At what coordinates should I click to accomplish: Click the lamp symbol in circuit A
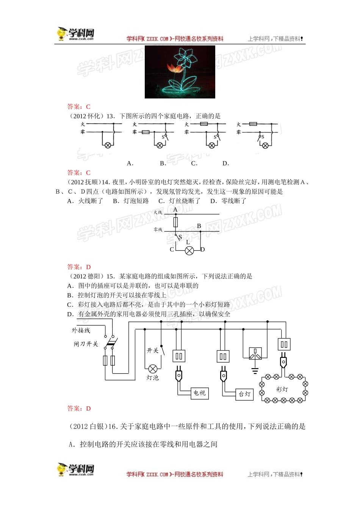108,145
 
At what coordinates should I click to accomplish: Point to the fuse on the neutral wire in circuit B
146,132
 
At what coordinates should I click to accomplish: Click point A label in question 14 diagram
175,209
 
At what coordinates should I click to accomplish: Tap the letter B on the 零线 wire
199,226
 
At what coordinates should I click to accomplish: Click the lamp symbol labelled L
189,250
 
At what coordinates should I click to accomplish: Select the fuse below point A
175,222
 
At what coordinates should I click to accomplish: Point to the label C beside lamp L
172,250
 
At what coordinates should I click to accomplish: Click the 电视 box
199,393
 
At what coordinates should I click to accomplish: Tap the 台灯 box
244,394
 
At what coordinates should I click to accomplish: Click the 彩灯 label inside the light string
282,389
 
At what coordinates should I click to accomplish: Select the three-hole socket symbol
255,354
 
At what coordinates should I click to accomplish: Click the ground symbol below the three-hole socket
255,370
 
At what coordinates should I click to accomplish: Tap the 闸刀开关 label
86,344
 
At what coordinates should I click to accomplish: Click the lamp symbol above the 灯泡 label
153,368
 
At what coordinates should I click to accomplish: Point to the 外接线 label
81,331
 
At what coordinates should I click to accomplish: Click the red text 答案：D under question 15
79,408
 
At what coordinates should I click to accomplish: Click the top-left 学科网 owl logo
75,34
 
